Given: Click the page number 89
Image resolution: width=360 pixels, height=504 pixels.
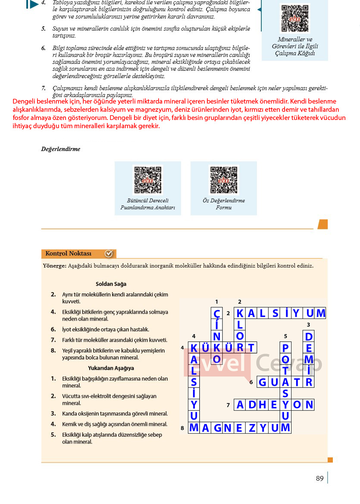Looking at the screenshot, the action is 319,478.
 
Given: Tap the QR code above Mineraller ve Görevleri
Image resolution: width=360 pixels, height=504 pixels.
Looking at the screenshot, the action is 295,18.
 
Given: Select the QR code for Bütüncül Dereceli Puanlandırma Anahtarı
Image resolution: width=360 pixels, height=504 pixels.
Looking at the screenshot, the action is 148,180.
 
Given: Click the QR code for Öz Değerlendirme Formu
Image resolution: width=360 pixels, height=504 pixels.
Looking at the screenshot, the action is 223,180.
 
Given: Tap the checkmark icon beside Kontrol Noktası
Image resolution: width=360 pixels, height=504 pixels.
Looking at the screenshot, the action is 109,254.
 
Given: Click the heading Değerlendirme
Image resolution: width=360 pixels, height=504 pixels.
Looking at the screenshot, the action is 61,149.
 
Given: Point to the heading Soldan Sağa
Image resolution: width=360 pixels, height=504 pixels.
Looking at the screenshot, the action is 111,284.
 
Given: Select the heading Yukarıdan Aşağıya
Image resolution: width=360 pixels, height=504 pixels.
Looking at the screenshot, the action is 111,368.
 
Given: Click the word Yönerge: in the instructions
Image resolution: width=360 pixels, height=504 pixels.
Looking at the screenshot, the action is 55,266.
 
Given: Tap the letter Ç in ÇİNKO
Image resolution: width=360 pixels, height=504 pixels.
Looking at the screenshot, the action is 217,313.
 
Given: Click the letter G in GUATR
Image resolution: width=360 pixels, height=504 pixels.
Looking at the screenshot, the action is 263,382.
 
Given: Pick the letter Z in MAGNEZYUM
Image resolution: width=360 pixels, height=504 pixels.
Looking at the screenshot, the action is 252,428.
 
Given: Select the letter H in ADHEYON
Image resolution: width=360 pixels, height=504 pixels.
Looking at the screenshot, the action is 263,405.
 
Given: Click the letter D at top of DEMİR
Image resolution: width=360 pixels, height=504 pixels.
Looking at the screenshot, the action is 309,337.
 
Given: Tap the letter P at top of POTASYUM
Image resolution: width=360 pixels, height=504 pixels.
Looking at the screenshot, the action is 285,348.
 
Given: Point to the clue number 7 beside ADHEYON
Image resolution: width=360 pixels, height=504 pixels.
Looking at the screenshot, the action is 228,405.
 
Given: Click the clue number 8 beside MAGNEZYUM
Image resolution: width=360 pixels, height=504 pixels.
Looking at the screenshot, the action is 182,428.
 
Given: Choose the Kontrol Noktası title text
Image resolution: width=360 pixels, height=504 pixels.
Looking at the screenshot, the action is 68,253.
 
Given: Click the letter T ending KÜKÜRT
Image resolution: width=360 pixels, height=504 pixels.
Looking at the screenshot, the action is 251,348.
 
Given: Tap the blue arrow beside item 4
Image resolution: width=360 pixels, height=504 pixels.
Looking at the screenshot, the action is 32,4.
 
